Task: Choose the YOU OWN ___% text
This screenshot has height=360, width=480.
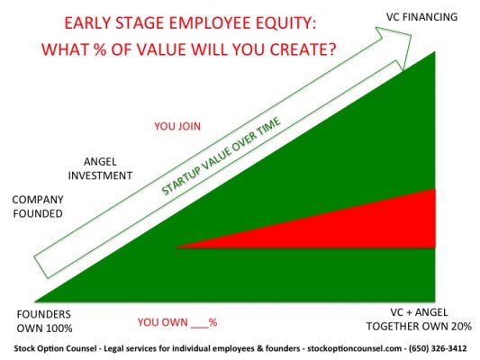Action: pos(177,321)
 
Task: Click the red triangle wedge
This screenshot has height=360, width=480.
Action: pos(378,225)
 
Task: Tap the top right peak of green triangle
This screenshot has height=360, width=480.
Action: pos(435,56)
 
